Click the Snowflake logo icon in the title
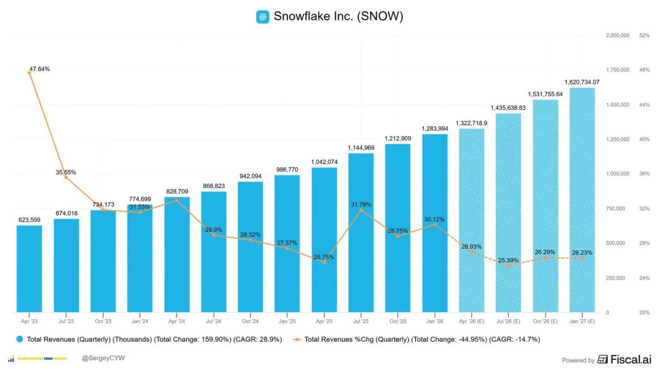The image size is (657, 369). pos(263,17)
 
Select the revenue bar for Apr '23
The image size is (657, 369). pos(29,269)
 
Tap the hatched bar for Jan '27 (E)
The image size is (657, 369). pos(582,200)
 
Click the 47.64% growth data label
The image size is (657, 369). pos(39,69)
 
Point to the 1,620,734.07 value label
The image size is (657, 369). pos(582,82)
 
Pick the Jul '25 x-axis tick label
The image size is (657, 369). pos(361,321)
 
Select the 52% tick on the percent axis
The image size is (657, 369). pos(644,36)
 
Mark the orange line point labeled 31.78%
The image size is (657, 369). pos(361,210)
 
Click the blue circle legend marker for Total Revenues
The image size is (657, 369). pos(20,339)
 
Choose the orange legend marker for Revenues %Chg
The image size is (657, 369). pos(297,339)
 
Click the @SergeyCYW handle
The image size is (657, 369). pos(100,359)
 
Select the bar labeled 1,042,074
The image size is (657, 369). pos(324,240)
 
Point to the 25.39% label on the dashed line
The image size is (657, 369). pos(508,260)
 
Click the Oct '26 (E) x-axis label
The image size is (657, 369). pos(545,321)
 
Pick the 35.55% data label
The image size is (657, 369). pos(66,172)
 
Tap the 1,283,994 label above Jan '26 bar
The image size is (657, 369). pos(435,128)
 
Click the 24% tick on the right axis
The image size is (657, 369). pos(644,278)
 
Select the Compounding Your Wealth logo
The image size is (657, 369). pos(38,359)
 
